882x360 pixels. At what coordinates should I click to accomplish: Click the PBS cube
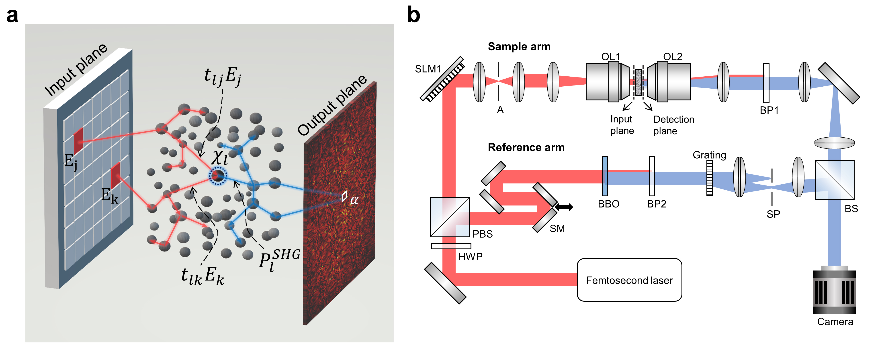click(x=450, y=217)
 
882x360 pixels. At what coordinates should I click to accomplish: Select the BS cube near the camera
click(x=834, y=180)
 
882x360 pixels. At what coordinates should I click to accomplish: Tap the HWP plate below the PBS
click(x=451, y=246)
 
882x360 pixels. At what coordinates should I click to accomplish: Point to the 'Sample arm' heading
click(x=519, y=47)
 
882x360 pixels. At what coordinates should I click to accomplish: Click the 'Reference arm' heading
click(x=526, y=147)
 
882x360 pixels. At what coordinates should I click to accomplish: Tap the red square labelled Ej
click(x=79, y=140)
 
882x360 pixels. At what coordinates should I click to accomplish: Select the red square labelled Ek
click(x=116, y=175)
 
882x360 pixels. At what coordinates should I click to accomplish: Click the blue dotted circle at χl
click(x=218, y=176)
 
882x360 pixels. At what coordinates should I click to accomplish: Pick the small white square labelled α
click(x=344, y=196)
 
